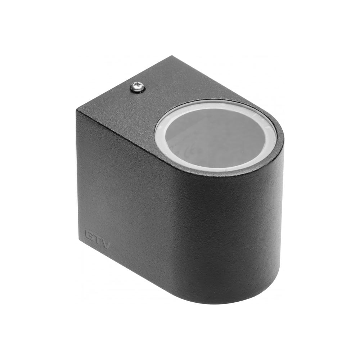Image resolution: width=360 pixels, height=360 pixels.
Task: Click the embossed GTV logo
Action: click(98, 239)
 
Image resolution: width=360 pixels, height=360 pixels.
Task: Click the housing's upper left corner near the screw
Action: click(77, 110)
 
